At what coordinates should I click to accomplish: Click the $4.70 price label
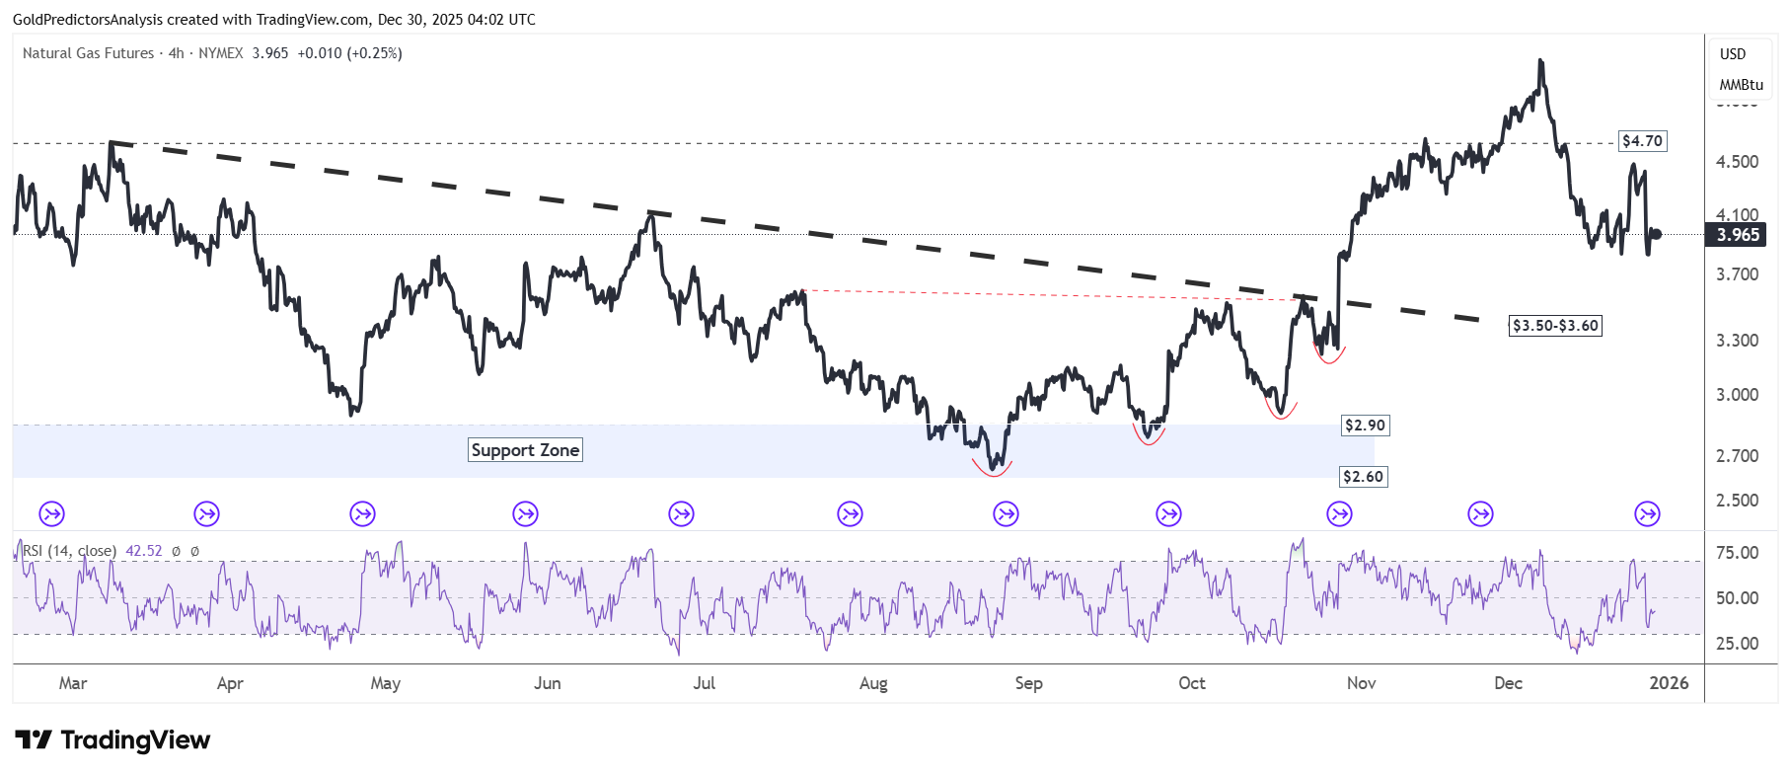pyautogui.click(x=1642, y=141)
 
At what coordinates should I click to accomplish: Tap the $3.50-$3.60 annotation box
pyautogui.click(x=1555, y=326)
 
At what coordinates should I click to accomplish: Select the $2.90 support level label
pyautogui.click(x=1365, y=426)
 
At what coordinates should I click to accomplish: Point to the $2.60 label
pyautogui.click(x=1363, y=477)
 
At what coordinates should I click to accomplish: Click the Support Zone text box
pyautogui.click(x=525, y=450)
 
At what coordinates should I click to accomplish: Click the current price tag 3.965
pyautogui.click(x=1738, y=235)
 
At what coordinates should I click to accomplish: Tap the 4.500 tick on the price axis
pyautogui.click(x=1737, y=162)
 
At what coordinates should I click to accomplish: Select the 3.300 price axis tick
pyautogui.click(x=1737, y=341)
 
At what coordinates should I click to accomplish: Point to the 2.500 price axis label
pyautogui.click(x=1737, y=501)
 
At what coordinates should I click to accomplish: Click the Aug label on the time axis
pyautogui.click(x=873, y=683)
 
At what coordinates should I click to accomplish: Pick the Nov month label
pyautogui.click(x=1361, y=683)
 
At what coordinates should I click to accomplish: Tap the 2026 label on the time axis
pyautogui.click(x=1669, y=683)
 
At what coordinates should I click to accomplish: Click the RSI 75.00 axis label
pyautogui.click(x=1737, y=553)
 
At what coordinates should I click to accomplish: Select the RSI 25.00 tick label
pyautogui.click(x=1737, y=644)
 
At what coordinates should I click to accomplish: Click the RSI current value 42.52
pyautogui.click(x=143, y=551)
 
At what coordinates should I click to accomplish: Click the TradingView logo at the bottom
pyautogui.click(x=112, y=740)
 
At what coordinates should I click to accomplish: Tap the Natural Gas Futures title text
pyautogui.click(x=88, y=53)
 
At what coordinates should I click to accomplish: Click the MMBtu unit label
pyautogui.click(x=1741, y=85)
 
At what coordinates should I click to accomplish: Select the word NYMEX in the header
pyautogui.click(x=220, y=53)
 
